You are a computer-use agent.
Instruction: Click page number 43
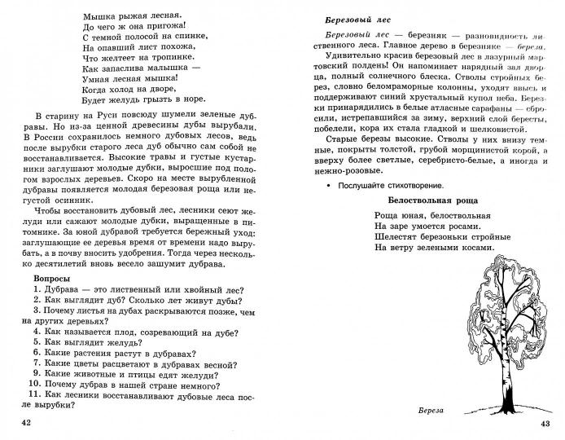545,421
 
